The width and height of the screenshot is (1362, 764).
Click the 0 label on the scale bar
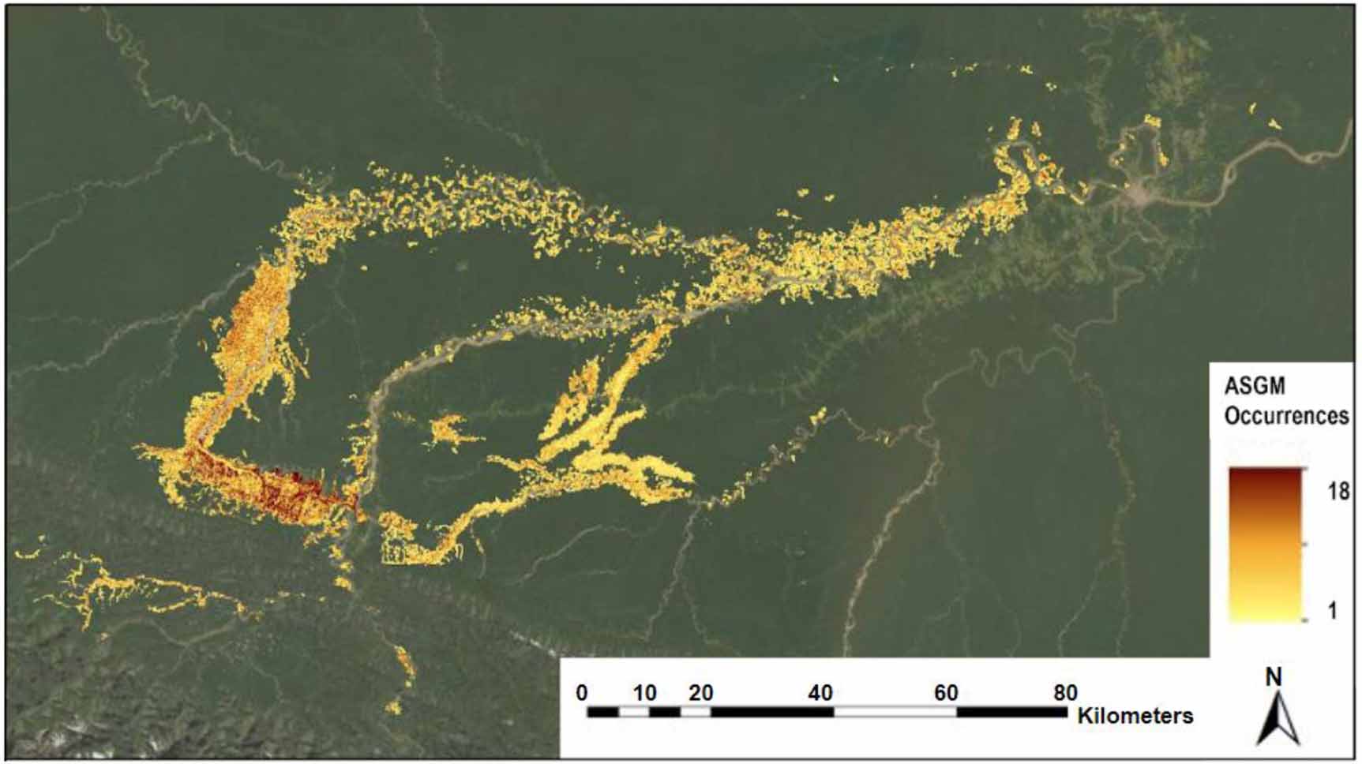[582, 693]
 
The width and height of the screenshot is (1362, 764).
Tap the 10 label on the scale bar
[645, 693]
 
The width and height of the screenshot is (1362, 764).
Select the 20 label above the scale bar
[700, 693]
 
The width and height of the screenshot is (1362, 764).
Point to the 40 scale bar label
[820, 693]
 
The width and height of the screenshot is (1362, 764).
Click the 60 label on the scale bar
[946, 693]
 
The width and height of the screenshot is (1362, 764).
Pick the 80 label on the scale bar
[1065, 693]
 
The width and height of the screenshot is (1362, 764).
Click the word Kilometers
[1135, 716]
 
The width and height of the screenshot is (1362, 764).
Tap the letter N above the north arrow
[1273, 677]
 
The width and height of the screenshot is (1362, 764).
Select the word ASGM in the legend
[1254, 386]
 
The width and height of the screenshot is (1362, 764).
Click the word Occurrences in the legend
[1285, 415]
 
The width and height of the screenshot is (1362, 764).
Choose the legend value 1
[1333, 610]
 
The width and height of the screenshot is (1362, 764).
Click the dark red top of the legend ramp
[1264, 474]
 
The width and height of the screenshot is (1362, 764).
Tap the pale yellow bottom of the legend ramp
[1264, 615]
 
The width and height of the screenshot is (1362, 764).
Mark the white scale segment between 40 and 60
[895, 712]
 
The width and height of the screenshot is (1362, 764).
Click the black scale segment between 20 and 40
[772, 712]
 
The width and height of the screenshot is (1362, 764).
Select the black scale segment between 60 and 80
[1011, 712]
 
